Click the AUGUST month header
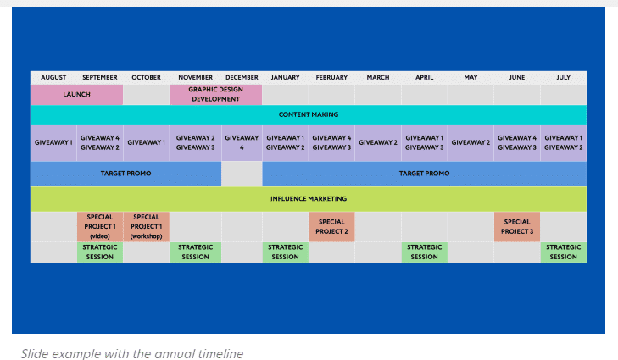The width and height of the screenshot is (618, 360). pyautogui.click(x=53, y=78)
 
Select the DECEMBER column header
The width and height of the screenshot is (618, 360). pyautogui.click(x=242, y=78)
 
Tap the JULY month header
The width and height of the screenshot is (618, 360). pyautogui.click(x=563, y=78)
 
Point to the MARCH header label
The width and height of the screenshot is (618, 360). pyautogui.click(x=378, y=78)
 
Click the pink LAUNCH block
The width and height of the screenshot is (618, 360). pyautogui.click(x=76, y=95)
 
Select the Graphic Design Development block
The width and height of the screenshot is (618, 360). pyautogui.click(x=215, y=95)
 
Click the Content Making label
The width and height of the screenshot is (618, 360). pyautogui.click(x=309, y=114)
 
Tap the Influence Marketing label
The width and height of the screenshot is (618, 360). pyautogui.click(x=309, y=199)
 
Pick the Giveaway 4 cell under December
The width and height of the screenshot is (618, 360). pyautogui.click(x=242, y=142)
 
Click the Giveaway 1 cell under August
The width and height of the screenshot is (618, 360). pyautogui.click(x=53, y=142)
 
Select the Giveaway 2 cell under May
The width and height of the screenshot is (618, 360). pyautogui.click(x=470, y=142)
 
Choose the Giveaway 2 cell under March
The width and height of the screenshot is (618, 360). pyautogui.click(x=378, y=142)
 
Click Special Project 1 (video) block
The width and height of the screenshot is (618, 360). pyautogui.click(x=100, y=226)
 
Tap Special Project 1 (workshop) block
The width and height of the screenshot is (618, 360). pyautogui.click(x=146, y=226)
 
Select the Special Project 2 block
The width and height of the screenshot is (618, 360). pyautogui.click(x=331, y=226)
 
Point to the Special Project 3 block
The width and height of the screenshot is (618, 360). pyautogui.click(x=517, y=226)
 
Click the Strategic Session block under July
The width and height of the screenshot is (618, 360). pyautogui.click(x=563, y=252)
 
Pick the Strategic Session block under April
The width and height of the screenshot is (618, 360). pyautogui.click(x=424, y=252)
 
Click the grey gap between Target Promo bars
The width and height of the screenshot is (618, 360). pyautogui.click(x=242, y=174)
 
